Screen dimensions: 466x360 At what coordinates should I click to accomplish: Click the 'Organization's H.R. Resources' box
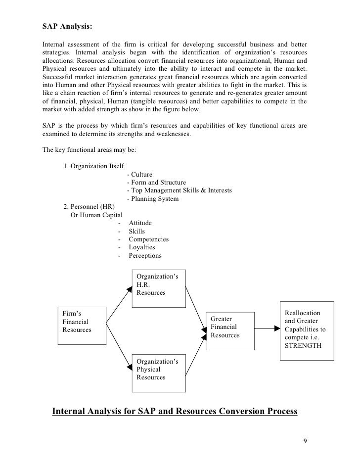158,285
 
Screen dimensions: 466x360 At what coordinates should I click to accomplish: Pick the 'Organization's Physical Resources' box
158,369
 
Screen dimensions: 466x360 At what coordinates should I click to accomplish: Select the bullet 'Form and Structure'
156,183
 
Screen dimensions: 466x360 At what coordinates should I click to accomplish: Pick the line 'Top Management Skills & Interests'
179,191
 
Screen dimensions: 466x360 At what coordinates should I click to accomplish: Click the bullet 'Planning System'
153,199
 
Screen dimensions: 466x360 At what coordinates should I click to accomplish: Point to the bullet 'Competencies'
148,239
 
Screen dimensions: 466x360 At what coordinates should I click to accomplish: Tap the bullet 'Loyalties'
141,247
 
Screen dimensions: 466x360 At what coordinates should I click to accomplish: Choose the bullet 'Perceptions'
145,256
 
